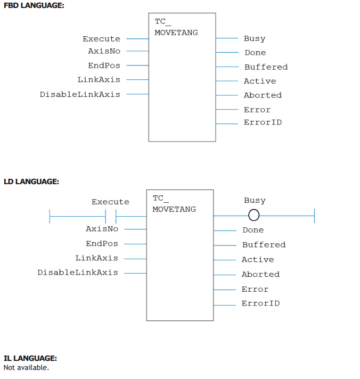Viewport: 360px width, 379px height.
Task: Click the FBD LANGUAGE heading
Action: [34, 5]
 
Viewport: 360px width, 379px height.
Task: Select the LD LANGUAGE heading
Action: [31, 182]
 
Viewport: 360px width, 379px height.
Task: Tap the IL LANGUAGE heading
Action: [30, 358]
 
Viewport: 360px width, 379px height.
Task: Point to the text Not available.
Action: [26, 368]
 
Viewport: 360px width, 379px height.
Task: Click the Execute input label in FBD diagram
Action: [102, 39]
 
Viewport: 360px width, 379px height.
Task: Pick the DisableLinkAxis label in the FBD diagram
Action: [80, 94]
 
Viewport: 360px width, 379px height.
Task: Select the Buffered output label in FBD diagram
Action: [266, 67]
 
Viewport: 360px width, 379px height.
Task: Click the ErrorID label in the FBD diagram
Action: [263, 122]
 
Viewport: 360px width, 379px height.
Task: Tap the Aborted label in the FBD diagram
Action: [263, 95]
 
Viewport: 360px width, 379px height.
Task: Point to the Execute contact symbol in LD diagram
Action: [111, 216]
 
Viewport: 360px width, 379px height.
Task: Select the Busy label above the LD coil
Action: [255, 200]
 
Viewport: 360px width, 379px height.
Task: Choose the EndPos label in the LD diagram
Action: [102, 243]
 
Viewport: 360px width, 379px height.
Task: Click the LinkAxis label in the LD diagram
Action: [97, 258]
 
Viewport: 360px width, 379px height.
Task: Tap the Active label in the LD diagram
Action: [258, 260]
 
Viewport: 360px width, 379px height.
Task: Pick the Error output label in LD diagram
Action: [255, 289]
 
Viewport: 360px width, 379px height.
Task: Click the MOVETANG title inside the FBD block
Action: [176, 32]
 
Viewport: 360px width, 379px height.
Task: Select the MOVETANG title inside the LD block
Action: [174, 209]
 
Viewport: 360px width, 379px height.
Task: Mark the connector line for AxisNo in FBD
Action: [137, 51]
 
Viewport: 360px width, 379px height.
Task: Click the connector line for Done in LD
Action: [225, 230]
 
